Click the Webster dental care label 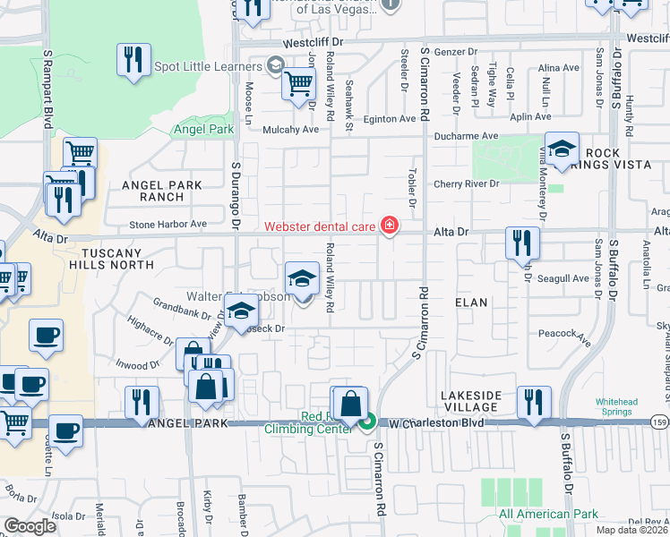(319, 226)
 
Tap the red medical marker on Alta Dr (390, 226)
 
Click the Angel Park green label (203, 129)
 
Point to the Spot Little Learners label (210, 66)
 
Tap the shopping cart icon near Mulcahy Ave (298, 85)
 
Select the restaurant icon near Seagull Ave (521, 243)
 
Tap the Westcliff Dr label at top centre (313, 42)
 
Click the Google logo (30, 526)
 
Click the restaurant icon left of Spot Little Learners (133, 61)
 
